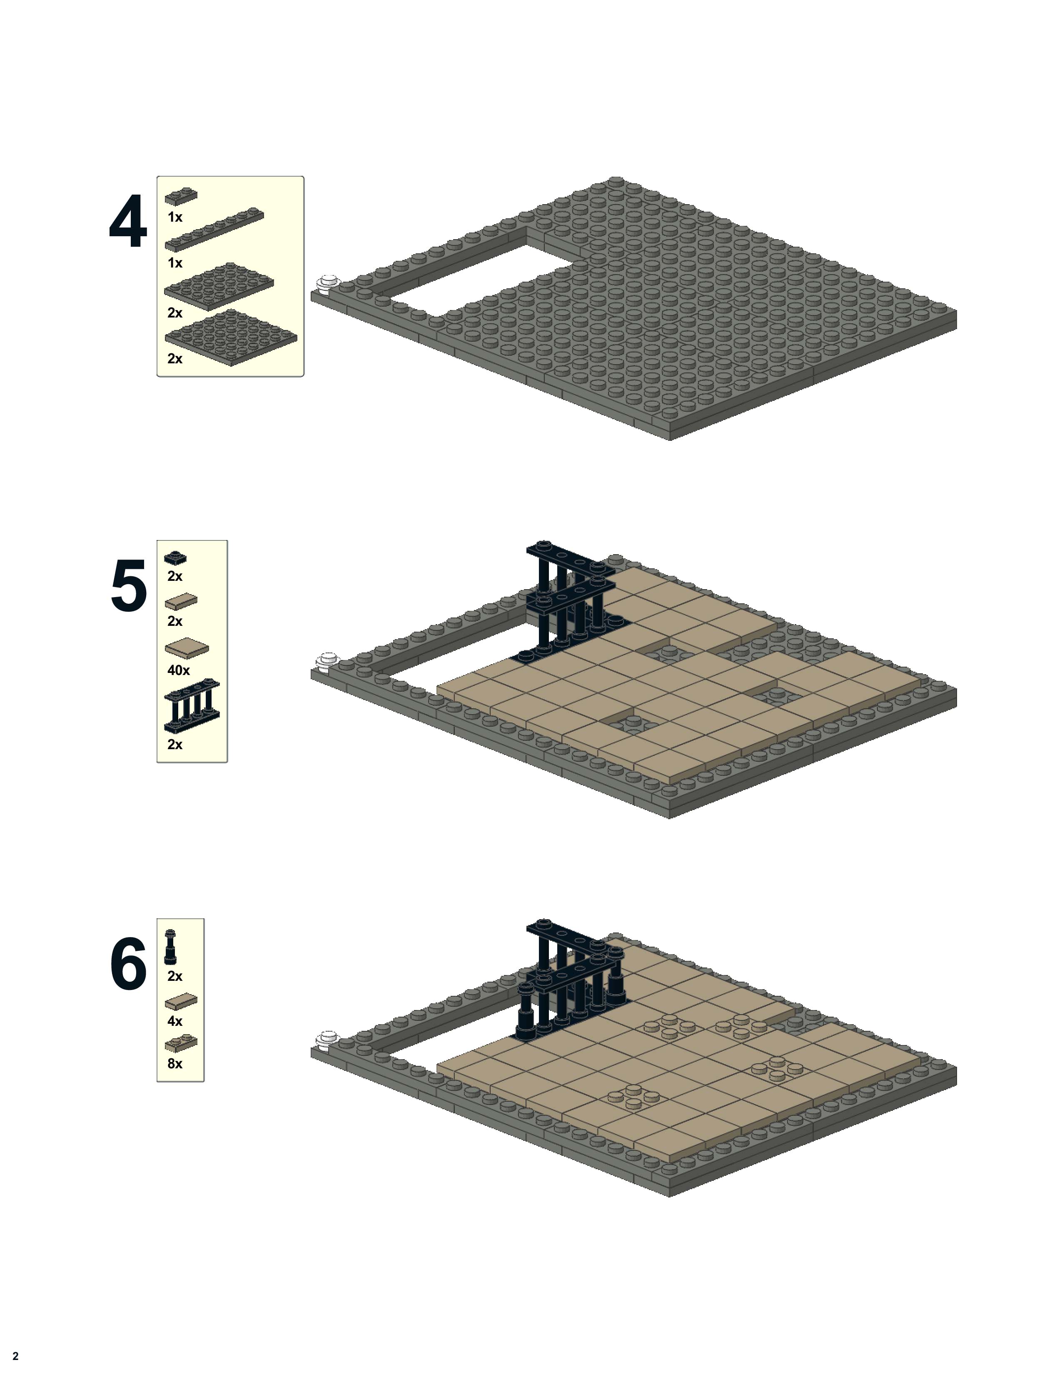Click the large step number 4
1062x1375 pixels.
tap(128, 222)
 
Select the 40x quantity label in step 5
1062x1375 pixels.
tap(178, 670)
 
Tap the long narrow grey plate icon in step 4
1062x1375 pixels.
tap(214, 230)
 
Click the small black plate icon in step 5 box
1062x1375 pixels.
tap(175, 557)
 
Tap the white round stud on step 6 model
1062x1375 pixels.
tap(327, 1039)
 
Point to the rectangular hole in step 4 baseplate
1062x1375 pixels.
tap(466, 277)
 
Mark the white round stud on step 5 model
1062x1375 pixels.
tap(327, 662)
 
